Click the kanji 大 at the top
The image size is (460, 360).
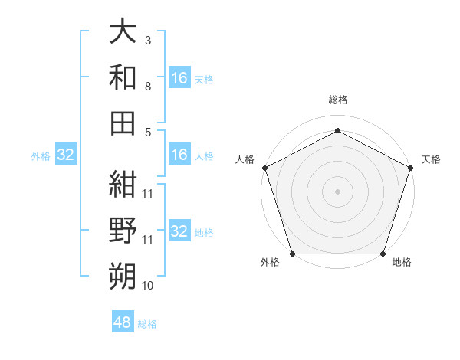[x=123, y=33]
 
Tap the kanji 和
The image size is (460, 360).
[x=123, y=77]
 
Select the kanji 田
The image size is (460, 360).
[x=123, y=122]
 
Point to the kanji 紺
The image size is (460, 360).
[x=123, y=185]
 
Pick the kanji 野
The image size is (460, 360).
[x=123, y=230]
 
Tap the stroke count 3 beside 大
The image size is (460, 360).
[x=148, y=40]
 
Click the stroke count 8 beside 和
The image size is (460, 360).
[x=148, y=87]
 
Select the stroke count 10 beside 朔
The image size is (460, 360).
[x=148, y=286]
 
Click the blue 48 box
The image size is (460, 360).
[x=123, y=322]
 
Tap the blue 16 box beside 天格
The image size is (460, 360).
[x=179, y=78]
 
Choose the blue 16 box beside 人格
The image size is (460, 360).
[x=179, y=155]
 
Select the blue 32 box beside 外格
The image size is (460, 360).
[x=65, y=155]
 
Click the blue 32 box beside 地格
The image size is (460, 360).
[x=179, y=232]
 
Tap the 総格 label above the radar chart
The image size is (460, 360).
[x=337, y=100]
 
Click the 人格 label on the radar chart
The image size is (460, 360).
[x=245, y=159]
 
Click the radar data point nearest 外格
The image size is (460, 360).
[x=292, y=254]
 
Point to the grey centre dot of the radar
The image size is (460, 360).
[x=337, y=191]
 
